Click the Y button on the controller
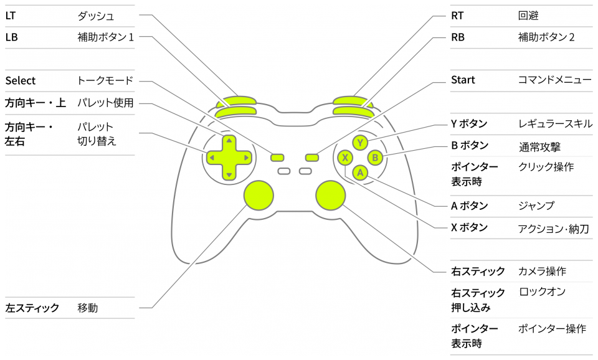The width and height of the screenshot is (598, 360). pyautogui.click(x=360, y=143)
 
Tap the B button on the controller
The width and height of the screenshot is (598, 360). pyautogui.click(x=375, y=158)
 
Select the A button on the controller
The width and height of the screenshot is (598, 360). pyautogui.click(x=360, y=173)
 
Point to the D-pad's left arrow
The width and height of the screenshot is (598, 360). pyautogui.click(x=212, y=158)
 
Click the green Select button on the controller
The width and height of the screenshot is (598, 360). pyautogui.click(x=278, y=158)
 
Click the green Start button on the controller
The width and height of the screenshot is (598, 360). pyautogui.click(x=311, y=158)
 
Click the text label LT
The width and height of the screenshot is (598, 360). pyautogui.click(x=11, y=15)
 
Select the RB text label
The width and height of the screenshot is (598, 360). pyautogui.click(x=457, y=37)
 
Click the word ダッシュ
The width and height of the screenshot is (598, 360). pyautogui.click(x=95, y=15)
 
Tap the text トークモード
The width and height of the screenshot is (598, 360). pyautogui.click(x=105, y=80)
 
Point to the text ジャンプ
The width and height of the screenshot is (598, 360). pyautogui.click(x=536, y=206)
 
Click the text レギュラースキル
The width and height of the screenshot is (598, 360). pyautogui.click(x=555, y=123)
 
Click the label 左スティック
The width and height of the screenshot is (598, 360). pyautogui.click(x=32, y=308)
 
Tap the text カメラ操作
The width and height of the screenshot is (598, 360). pyautogui.click(x=542, y=272)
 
